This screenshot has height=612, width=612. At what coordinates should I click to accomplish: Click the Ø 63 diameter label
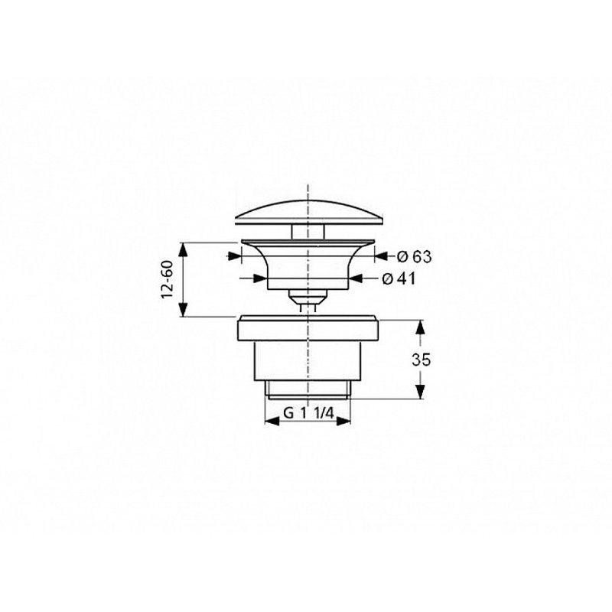pos(414,256)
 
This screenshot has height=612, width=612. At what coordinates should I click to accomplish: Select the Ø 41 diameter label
pos(399,278)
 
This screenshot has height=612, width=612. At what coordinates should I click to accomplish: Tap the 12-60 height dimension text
pos(167,279)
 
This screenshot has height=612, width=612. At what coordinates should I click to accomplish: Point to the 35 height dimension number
pos(422,360)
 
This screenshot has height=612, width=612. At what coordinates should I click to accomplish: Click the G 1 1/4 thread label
pos(308,412)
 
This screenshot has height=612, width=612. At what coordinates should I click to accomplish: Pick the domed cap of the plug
pos(309,213)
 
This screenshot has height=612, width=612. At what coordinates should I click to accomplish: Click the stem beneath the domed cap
pos(308,232)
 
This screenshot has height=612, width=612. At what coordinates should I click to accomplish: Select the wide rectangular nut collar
pos(308,330)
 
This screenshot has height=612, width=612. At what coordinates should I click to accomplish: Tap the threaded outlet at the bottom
pos(308,389)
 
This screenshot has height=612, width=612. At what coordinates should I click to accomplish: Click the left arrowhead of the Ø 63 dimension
pos(234,256)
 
